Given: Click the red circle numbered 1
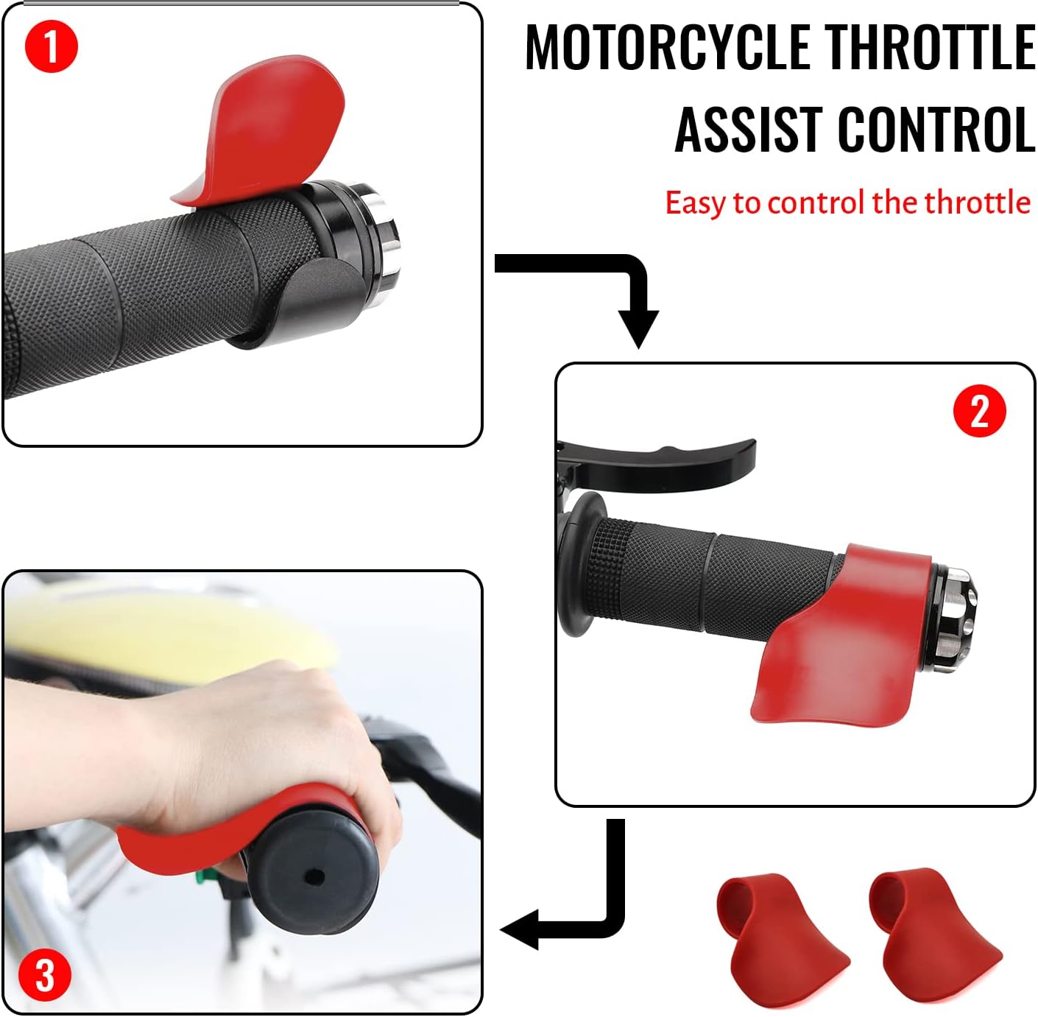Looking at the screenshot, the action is pyautogui.click(x=52, y=47).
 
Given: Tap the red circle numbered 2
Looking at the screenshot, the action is pyautogui.click(x=979, y=411).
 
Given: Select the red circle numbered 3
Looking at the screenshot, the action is pyautogui.click(x=45, y=976).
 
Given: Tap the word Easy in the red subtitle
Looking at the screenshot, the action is pyautogui.click(x=696, y=203).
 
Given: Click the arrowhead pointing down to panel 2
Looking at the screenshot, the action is pyautogui.click(x=638, y=328).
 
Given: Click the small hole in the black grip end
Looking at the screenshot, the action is pyautogui.click(x=314, y=877).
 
